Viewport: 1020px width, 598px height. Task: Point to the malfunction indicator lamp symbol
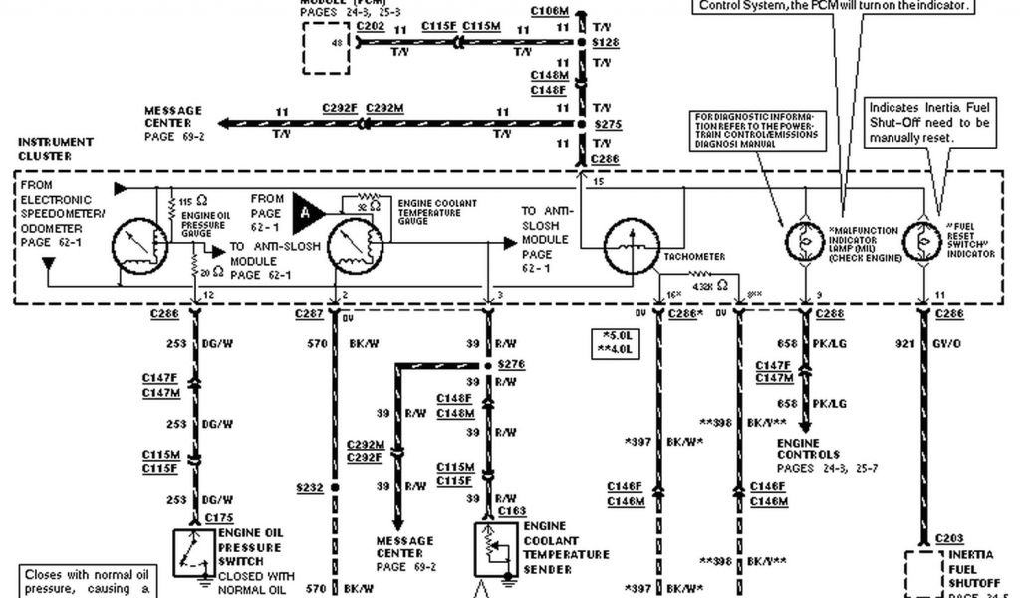pyautogui.click(x=804, y=240)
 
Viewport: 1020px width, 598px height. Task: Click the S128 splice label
pyautogui.click(x=605, y=44)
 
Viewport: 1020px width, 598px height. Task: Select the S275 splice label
pyautogui.click(x=605, y=124)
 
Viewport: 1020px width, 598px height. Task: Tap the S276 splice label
pyautogui.click(x=510, y=366)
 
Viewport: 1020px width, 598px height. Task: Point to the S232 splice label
pyautogui.click(x=311, y=488)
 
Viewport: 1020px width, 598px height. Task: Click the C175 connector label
pyautogui.click(x=218, y=518)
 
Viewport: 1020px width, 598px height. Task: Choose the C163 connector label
pyautogui.click(x=511, y=512)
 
